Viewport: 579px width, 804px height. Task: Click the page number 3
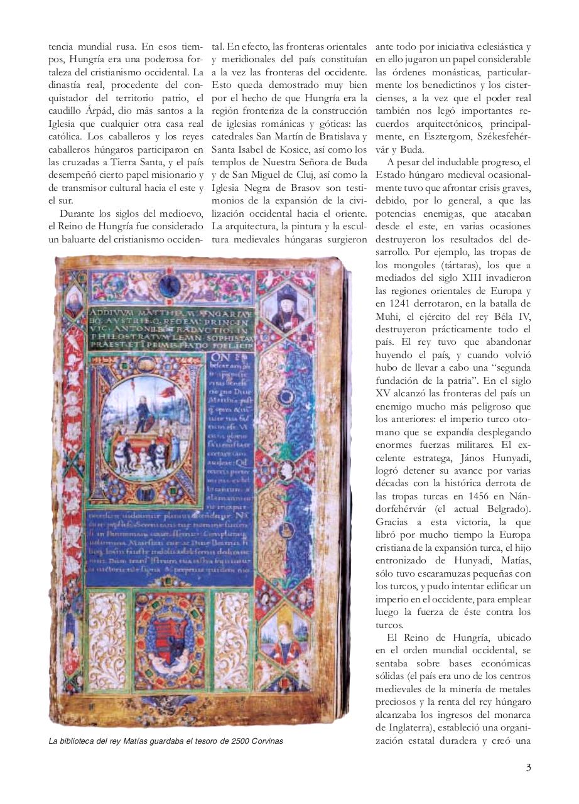(x=529, y=766)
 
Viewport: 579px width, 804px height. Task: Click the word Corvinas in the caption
(x=266, y=741)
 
